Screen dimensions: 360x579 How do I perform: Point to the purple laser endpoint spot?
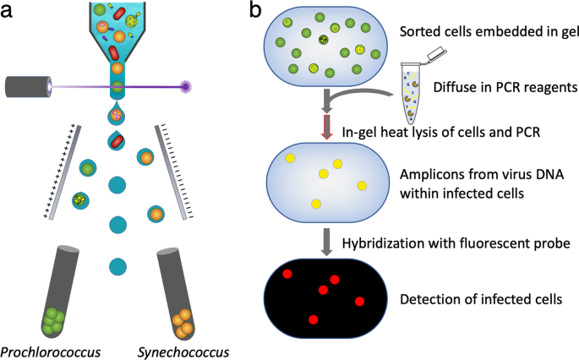pos(185,87)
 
